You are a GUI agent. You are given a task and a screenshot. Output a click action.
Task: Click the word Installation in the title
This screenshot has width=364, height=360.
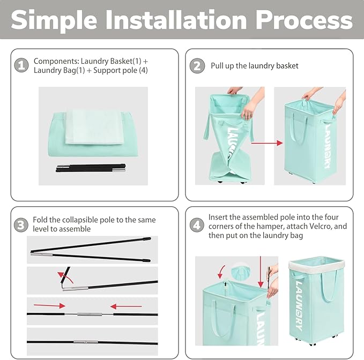click(x=176, y=20)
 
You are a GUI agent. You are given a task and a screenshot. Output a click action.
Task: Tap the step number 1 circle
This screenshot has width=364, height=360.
click(x=21, y=65)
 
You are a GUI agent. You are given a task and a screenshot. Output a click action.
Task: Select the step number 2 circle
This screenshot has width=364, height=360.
click(x=197, y=66)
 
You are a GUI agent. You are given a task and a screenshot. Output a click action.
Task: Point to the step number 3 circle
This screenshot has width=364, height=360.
click(x=21, y=225)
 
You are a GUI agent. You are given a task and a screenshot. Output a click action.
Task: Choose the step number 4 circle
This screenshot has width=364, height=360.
click(x=197, y=225)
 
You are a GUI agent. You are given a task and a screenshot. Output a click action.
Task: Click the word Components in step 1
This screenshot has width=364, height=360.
click(x=56, y=61)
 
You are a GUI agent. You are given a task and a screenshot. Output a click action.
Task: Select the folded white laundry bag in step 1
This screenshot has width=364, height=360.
click(x=94, y=127)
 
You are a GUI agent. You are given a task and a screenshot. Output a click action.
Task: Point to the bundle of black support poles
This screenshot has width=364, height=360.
click(x=91, y=168)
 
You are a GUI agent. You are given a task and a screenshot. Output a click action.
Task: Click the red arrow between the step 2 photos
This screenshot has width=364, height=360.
click(x=267, y=143)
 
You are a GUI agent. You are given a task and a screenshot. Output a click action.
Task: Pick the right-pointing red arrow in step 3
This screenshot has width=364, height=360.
click(x=49, y=305)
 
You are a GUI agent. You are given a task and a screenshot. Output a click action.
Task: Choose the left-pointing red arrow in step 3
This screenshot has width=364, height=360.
click(x=126, y=306)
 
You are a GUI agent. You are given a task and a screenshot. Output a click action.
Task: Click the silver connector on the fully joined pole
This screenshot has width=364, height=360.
click(x=86, y=342)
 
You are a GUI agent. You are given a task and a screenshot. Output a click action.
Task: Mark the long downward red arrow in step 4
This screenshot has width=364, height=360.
click(x=261, y=272)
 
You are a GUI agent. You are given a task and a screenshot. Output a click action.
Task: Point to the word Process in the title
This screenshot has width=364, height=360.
click(x=304, y=20)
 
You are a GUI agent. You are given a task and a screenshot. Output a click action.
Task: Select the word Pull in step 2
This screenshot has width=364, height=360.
click(x=216, y=66)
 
